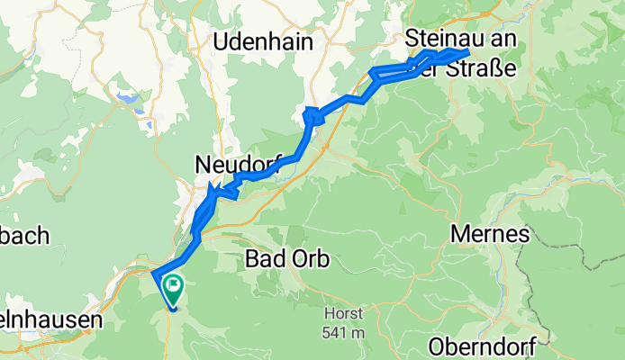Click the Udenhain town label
click(263, 41)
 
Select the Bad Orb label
click(287, 260)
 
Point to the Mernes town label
click(490, 234)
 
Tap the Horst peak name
click(345, 314)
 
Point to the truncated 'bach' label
click(24, 235)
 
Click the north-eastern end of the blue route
click(467, 53)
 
